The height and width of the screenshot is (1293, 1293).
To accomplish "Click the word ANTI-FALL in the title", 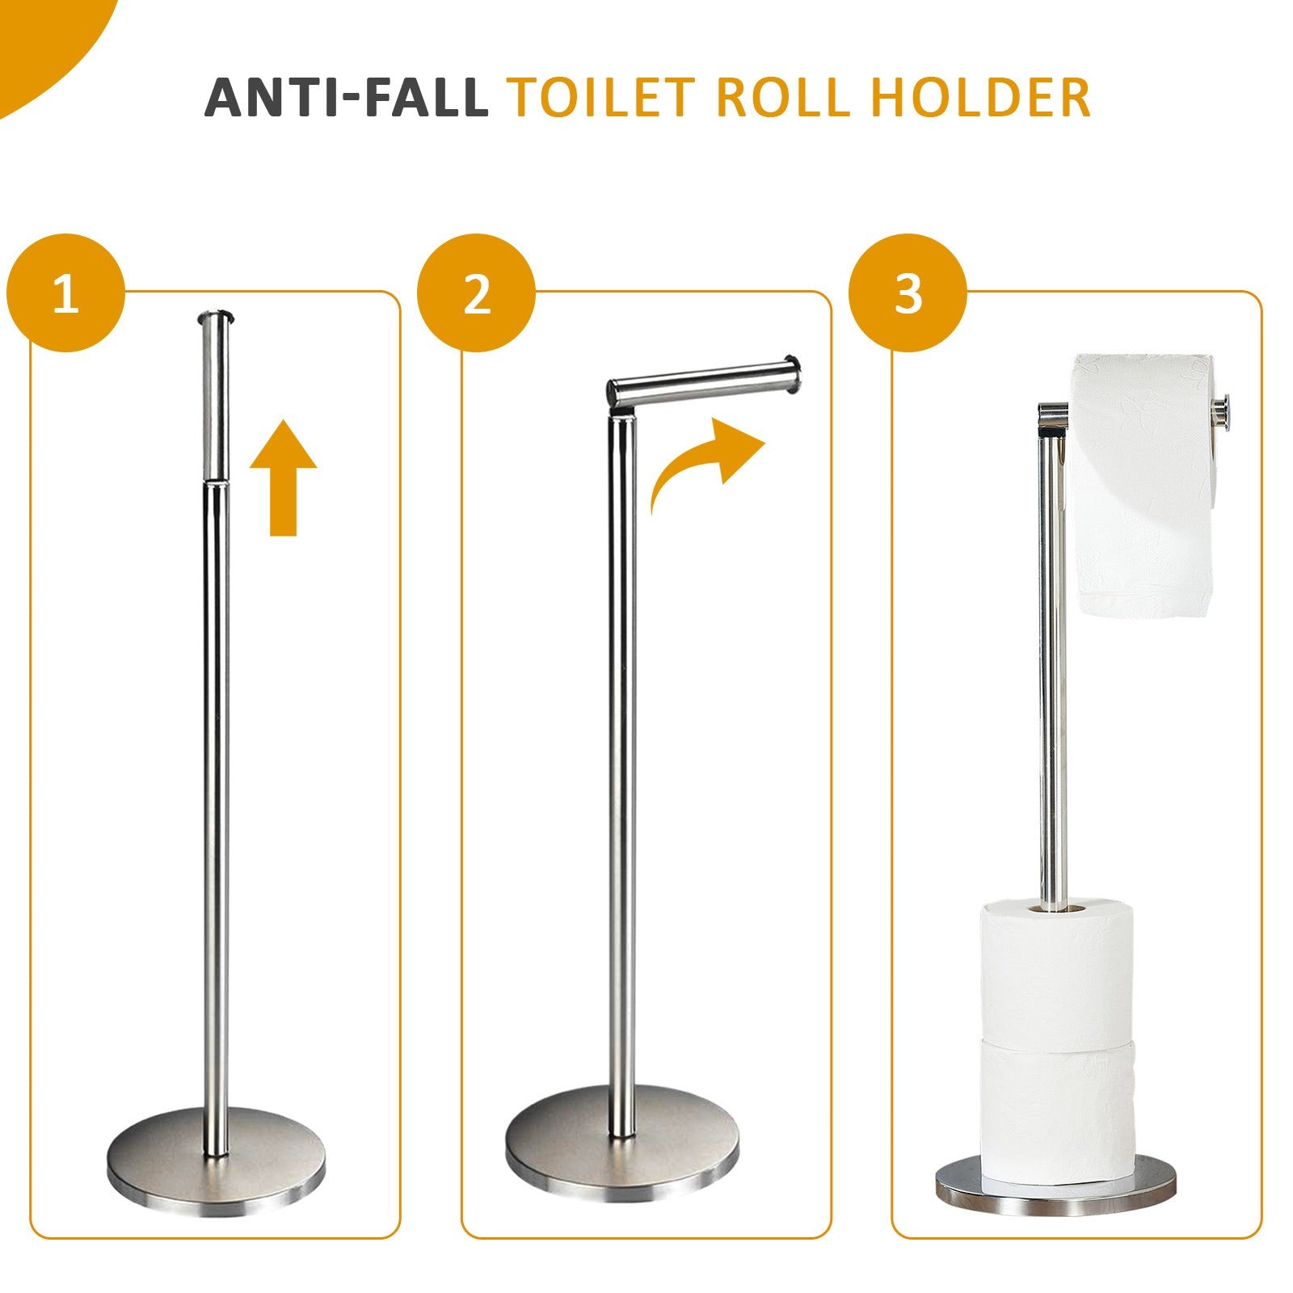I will coord(346,98).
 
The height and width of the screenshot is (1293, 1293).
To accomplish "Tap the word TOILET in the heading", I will coord(602,98).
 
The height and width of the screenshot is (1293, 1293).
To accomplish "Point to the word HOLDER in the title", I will coord(981,98).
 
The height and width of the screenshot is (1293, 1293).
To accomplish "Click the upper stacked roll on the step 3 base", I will coord(1056,970).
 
